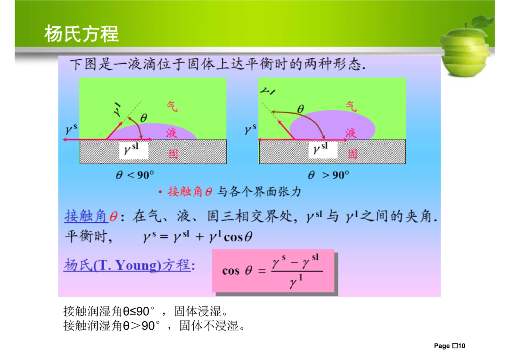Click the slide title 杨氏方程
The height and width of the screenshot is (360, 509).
coord(82,34)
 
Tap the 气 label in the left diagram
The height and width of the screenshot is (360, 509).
coord(172,106)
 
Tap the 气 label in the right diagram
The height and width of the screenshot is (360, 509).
coord(351,106)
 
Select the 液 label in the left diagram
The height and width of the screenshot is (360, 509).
coord(172,133)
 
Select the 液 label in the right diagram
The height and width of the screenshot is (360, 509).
coord(351,133)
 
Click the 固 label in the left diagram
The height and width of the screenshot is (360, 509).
coord(173,154)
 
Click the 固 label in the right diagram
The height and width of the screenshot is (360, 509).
coord(353,154)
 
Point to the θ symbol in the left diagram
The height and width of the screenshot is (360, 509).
coord(143,118)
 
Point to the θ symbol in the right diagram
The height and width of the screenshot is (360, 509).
coord(301,109)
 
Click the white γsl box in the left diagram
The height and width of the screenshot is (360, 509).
coord(134,150)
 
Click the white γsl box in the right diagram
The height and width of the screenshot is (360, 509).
coord(323,150)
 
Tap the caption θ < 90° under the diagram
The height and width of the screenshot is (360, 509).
coord(135,175)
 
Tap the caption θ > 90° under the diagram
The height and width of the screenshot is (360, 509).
coord(328,175)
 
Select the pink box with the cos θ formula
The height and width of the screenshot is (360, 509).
coord(273,271)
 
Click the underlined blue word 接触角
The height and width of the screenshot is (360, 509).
coord(86,216)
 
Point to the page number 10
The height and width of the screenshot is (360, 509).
coord(461,346)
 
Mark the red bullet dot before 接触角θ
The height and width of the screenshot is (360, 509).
coord(160,192)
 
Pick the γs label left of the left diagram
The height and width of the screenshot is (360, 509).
coord(71,129)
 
